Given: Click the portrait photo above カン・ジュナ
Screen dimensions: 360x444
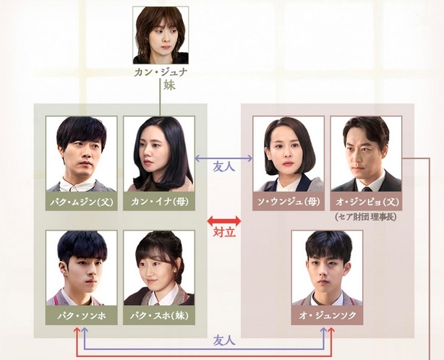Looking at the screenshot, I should [161, 35].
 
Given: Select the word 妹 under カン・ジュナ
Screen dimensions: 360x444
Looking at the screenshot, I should [161, 87].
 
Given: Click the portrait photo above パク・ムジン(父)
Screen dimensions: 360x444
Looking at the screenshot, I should [82, 153].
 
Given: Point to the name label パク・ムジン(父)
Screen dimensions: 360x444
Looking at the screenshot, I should [82, 200].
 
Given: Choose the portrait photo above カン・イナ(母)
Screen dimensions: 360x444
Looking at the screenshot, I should [159, 153].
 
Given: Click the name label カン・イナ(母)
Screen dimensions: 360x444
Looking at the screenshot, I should [159, 200].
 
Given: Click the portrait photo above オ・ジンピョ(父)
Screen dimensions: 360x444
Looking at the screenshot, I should [365, 153].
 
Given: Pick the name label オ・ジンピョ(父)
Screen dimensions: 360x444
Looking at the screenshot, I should [365, 200].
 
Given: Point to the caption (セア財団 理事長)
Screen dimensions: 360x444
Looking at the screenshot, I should [365, 215].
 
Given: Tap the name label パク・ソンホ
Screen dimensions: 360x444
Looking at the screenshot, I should [82, 315].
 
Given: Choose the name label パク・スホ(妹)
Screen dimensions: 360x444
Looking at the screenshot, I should [159, 315].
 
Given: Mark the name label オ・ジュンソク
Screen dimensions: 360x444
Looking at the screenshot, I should [327, 315].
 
